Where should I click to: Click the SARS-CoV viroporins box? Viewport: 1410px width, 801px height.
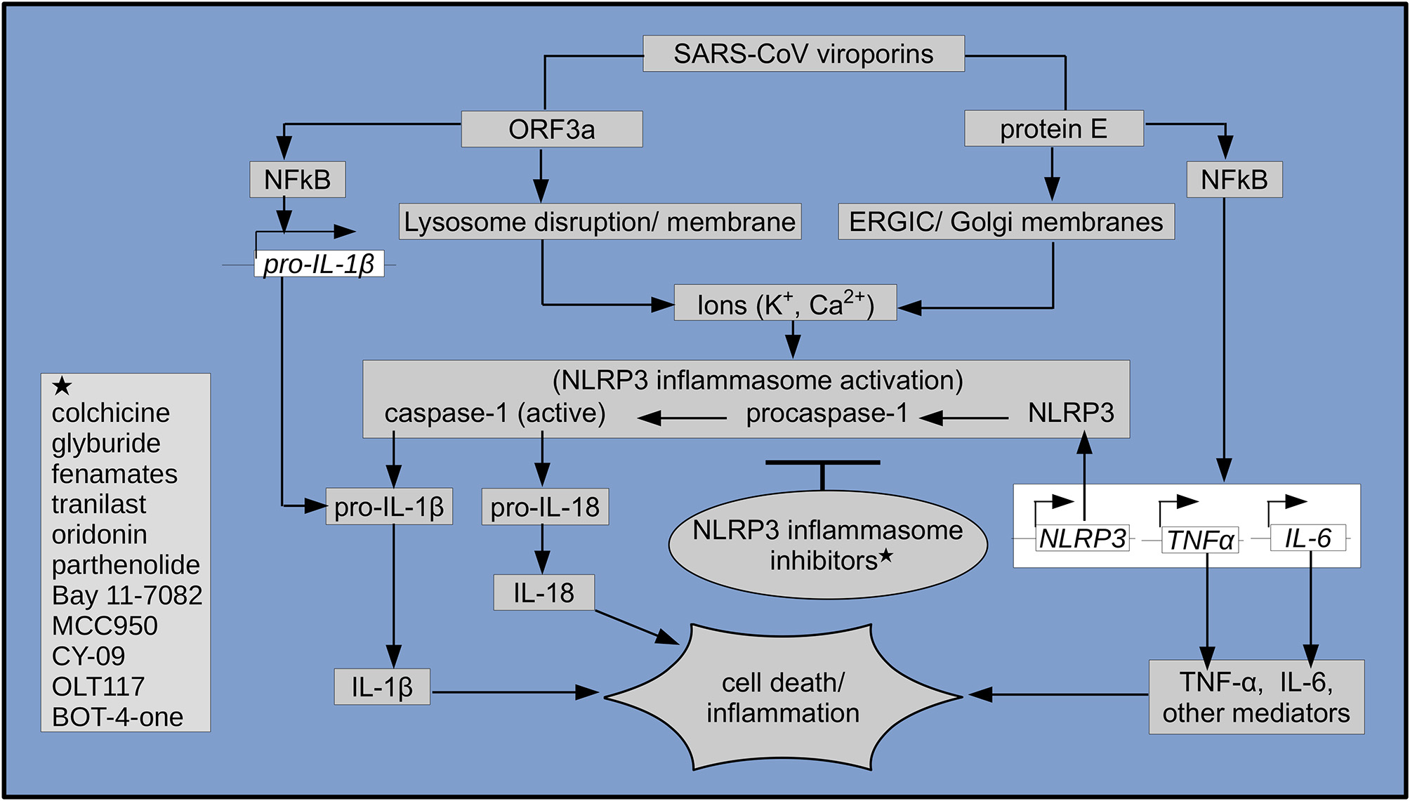[x=803, y=54]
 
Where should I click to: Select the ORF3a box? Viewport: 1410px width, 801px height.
[x=551, y=129]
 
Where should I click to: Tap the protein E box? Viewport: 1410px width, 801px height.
[x=1053, y=128]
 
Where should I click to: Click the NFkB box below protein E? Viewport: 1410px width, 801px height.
[x=1234, y=180]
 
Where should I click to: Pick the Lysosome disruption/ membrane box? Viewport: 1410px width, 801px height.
[x=600, y=222]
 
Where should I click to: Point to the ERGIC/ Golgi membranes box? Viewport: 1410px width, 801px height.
[x=1006, y=222]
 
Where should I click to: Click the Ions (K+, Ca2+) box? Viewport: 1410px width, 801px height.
[x=785, y=303]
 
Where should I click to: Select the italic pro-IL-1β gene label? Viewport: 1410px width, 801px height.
[x=319, y=264]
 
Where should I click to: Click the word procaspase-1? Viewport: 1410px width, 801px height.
[x=826, y=413]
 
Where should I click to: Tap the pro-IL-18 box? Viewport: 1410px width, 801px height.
[x=545, y=507]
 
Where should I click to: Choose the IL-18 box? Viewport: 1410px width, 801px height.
[x=543, y=593]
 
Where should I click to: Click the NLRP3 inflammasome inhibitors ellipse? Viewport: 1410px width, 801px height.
[x=827, y=546]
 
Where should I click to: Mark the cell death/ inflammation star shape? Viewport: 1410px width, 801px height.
[x=782, y=697]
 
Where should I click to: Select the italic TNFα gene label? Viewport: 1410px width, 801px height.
[x=1200, y=540]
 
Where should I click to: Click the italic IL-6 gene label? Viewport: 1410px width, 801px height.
[x=1307, y=538]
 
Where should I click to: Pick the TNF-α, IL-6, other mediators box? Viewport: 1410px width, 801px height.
[x=1256, y=697]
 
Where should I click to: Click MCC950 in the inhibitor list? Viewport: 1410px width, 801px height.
[x=105, y=625]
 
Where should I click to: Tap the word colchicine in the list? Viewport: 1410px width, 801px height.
[x=111, y=413]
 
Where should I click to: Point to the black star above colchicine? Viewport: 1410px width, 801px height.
[x=62, y=386]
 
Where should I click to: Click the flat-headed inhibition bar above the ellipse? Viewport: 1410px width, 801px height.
[x=822, y=463]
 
